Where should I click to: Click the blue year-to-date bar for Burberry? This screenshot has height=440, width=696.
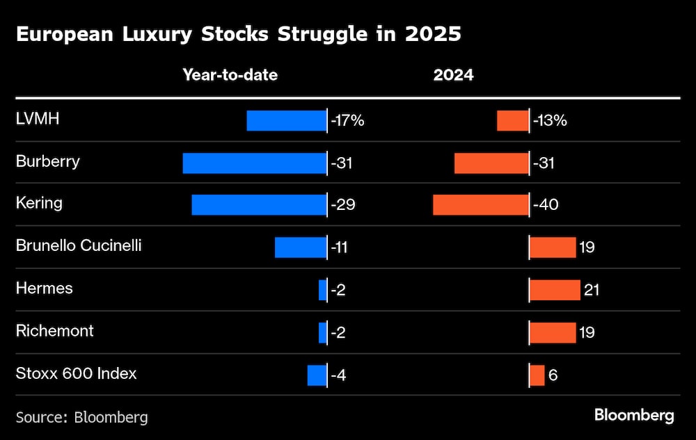(254, 163)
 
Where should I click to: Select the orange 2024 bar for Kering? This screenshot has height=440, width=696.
(480, 205)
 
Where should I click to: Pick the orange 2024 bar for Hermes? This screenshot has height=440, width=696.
(555, 290)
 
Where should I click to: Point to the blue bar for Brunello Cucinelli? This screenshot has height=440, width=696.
(300, 247)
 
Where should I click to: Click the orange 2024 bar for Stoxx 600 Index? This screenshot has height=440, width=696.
(537, 375)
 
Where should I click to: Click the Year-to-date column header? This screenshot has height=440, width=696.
(230, 75)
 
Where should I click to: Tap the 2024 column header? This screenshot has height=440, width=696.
(453, 75)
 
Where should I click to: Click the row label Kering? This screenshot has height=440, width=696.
(39, 204)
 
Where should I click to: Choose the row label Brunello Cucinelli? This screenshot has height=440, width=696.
(79, 245)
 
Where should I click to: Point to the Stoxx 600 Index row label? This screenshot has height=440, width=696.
(76, 373)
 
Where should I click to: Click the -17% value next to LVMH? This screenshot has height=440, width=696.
(348, 121)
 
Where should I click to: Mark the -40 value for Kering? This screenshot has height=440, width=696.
(546, 205)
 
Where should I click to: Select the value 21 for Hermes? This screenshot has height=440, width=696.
(592, 290)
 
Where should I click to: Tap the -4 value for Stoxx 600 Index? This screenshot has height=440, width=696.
(339, 375)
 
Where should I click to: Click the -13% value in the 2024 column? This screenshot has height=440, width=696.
(551, 121)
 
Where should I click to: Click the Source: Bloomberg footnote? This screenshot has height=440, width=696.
(81, 417)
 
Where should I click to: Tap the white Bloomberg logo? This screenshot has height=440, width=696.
(634, 416)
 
